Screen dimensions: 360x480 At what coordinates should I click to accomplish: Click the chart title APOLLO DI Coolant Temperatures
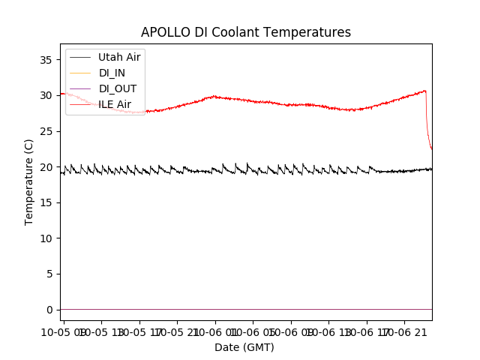pos(246,32)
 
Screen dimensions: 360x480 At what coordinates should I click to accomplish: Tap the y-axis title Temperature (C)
pos(29,181)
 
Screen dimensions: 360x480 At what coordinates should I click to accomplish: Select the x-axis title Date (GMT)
pos(244,347)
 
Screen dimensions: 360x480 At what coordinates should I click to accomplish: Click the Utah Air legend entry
pos(119,57)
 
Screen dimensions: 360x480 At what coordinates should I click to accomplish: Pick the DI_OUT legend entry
pos(118,88)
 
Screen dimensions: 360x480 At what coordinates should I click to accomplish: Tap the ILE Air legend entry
pos(115,104)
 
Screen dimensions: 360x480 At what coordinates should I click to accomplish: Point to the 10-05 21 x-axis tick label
pos(177,331)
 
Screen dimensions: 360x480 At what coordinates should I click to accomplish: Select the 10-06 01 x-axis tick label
pos(253,331)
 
